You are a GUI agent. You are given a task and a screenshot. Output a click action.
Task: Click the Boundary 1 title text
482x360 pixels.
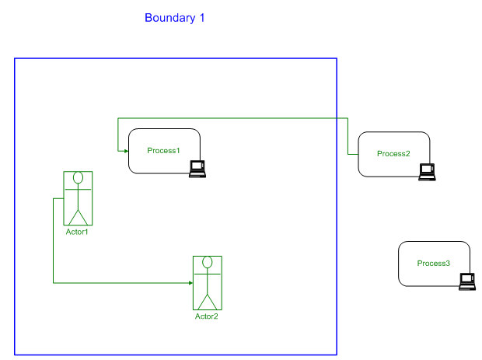pyautogui.click(x=175, y=18)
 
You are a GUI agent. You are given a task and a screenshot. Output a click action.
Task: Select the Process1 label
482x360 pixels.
pyautogui.click(x=163, y=150)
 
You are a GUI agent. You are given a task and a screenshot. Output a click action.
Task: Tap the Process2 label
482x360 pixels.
pyautogui.click(x=393, y=153)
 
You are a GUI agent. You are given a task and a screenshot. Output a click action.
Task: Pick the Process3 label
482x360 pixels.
pyautogui.click(x=433, y=264)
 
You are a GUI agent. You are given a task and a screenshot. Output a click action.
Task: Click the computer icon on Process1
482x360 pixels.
pyautogui.click(x=198, y=169)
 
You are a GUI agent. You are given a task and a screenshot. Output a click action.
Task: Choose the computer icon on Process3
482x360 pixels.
pyautogui.click(x=467, y=281)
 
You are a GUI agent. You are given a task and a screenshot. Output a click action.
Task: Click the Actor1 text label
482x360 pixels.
pyautogui.click(x=77, y=232)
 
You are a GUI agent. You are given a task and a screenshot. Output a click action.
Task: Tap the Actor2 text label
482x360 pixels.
pyautogui.click(x=206, y=316)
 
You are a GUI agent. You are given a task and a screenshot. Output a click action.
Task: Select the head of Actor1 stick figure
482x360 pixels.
pyautogui.click(x=78, y=179)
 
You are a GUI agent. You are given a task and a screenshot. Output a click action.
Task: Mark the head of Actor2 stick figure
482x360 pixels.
pyautogui.click(x=208, y=263)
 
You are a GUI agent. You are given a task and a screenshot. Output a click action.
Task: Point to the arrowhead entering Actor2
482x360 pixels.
pyautogui.click(x=190, y=283)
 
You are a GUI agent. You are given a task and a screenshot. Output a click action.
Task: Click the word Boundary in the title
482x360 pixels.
pyautogui.click(x=168, y=18)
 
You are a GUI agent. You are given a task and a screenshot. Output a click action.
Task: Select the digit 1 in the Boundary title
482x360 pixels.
pyautogui.click(x=201, y=18)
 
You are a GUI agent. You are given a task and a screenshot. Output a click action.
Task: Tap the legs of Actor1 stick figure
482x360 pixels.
pyautogui.click(x=78, y=215)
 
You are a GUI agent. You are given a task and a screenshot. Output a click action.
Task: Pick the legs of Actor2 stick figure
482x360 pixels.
pyautogui.click(x=208, y=300)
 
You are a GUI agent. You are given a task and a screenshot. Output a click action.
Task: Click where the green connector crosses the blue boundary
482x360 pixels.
pyautogui.click(x=337, y=118)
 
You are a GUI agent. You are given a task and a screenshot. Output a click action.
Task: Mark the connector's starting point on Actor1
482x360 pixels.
pyautogui.click(x=63, y=199)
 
